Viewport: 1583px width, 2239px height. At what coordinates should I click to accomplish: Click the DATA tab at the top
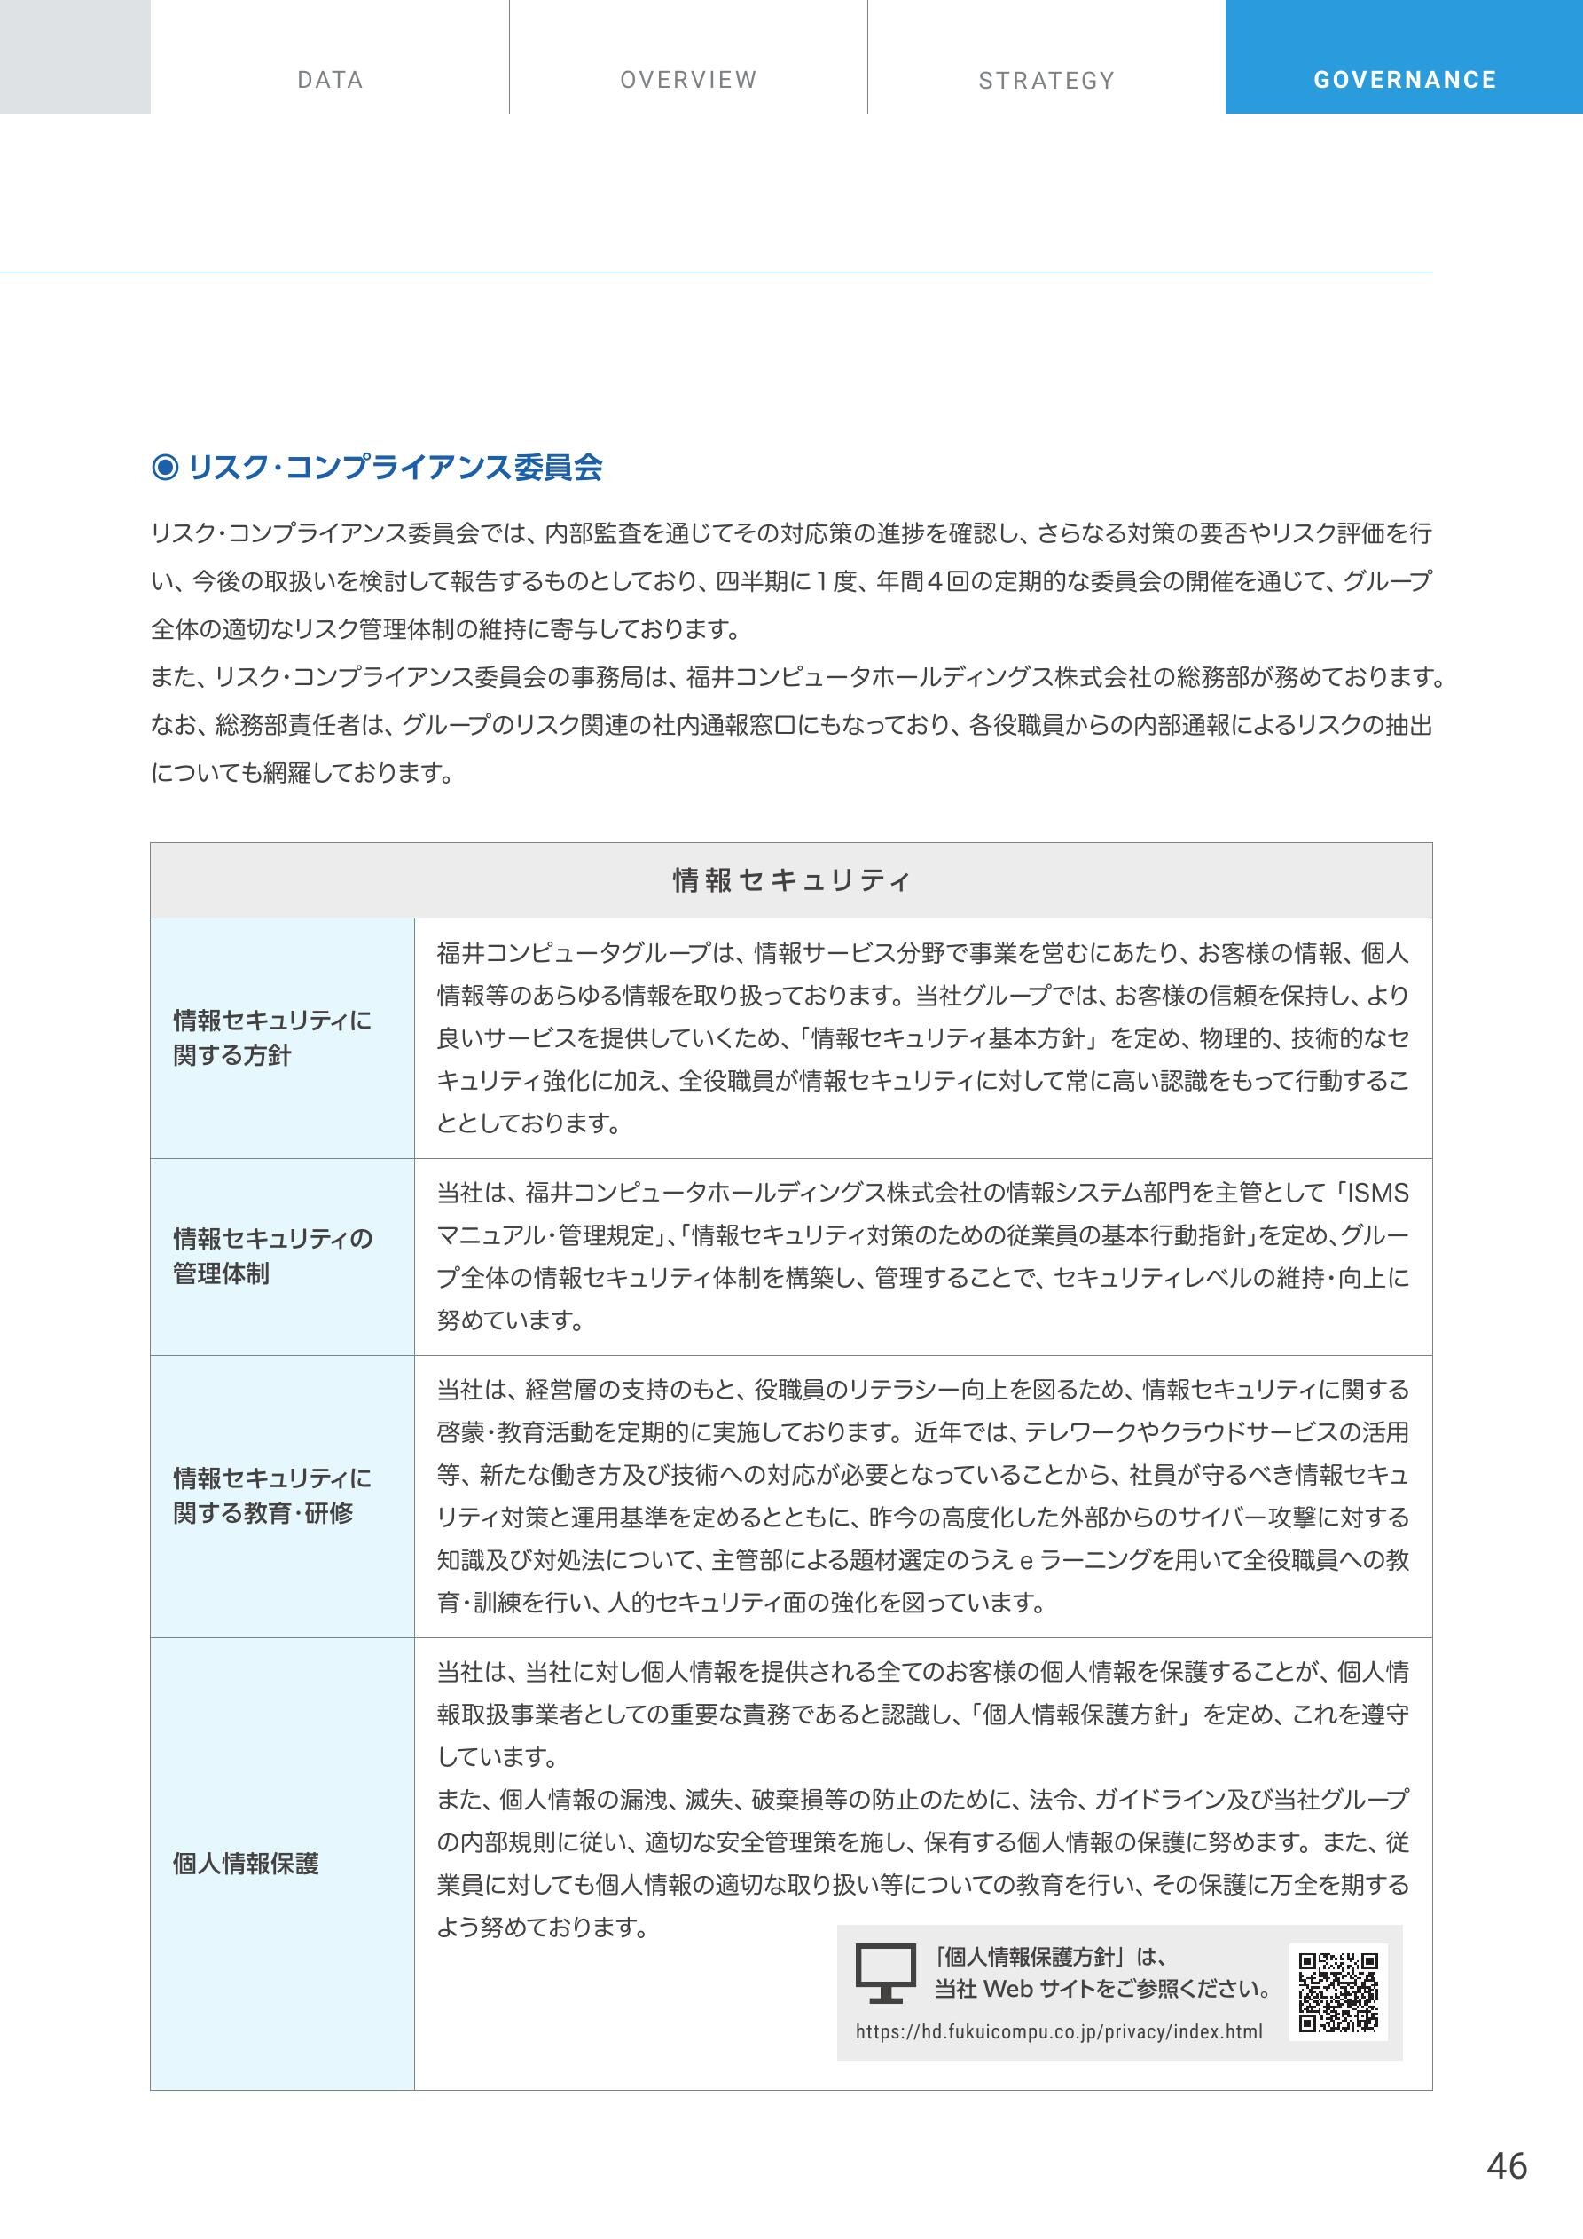tap(330, 80)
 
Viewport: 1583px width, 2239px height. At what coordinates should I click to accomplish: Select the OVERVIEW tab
tap(688, 80)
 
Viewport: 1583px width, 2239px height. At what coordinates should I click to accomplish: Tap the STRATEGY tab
tap(1046, 80)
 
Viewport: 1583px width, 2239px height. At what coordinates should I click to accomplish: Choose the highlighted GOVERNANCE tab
tap(1405, 80)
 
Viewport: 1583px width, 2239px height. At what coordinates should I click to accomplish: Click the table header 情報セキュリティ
tap(790, 880)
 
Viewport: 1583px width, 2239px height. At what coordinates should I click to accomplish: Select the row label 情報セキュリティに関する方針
tap(272, 1037)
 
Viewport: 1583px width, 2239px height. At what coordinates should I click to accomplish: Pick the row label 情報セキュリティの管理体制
tap(272, 1256)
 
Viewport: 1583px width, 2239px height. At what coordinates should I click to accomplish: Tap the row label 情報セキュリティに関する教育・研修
tap(272, 1495)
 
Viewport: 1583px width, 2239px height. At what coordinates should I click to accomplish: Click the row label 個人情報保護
tap(246, 1864)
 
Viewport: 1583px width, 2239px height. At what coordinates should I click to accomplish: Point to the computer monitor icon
tap(885, 1973)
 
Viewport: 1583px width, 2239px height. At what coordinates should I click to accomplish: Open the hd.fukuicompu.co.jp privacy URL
tap(1059, 2031)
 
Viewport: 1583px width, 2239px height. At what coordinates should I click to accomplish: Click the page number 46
tap(1506, 2167)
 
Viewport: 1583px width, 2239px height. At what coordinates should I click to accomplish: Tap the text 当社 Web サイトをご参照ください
tap(1102, 1989)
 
